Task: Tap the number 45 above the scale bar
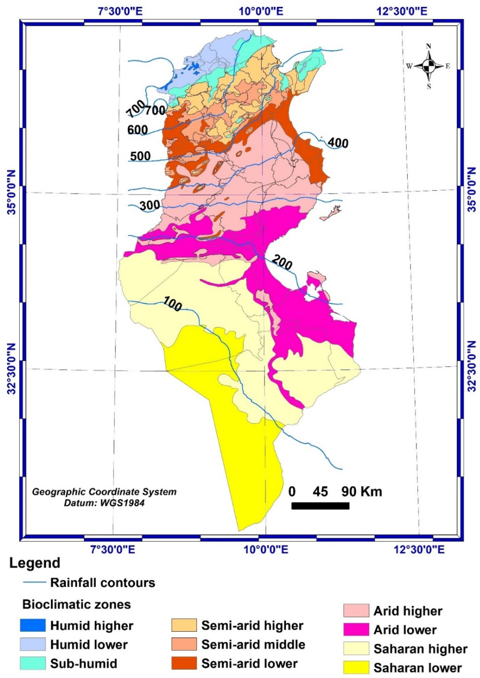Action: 320,492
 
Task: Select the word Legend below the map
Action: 35,563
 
